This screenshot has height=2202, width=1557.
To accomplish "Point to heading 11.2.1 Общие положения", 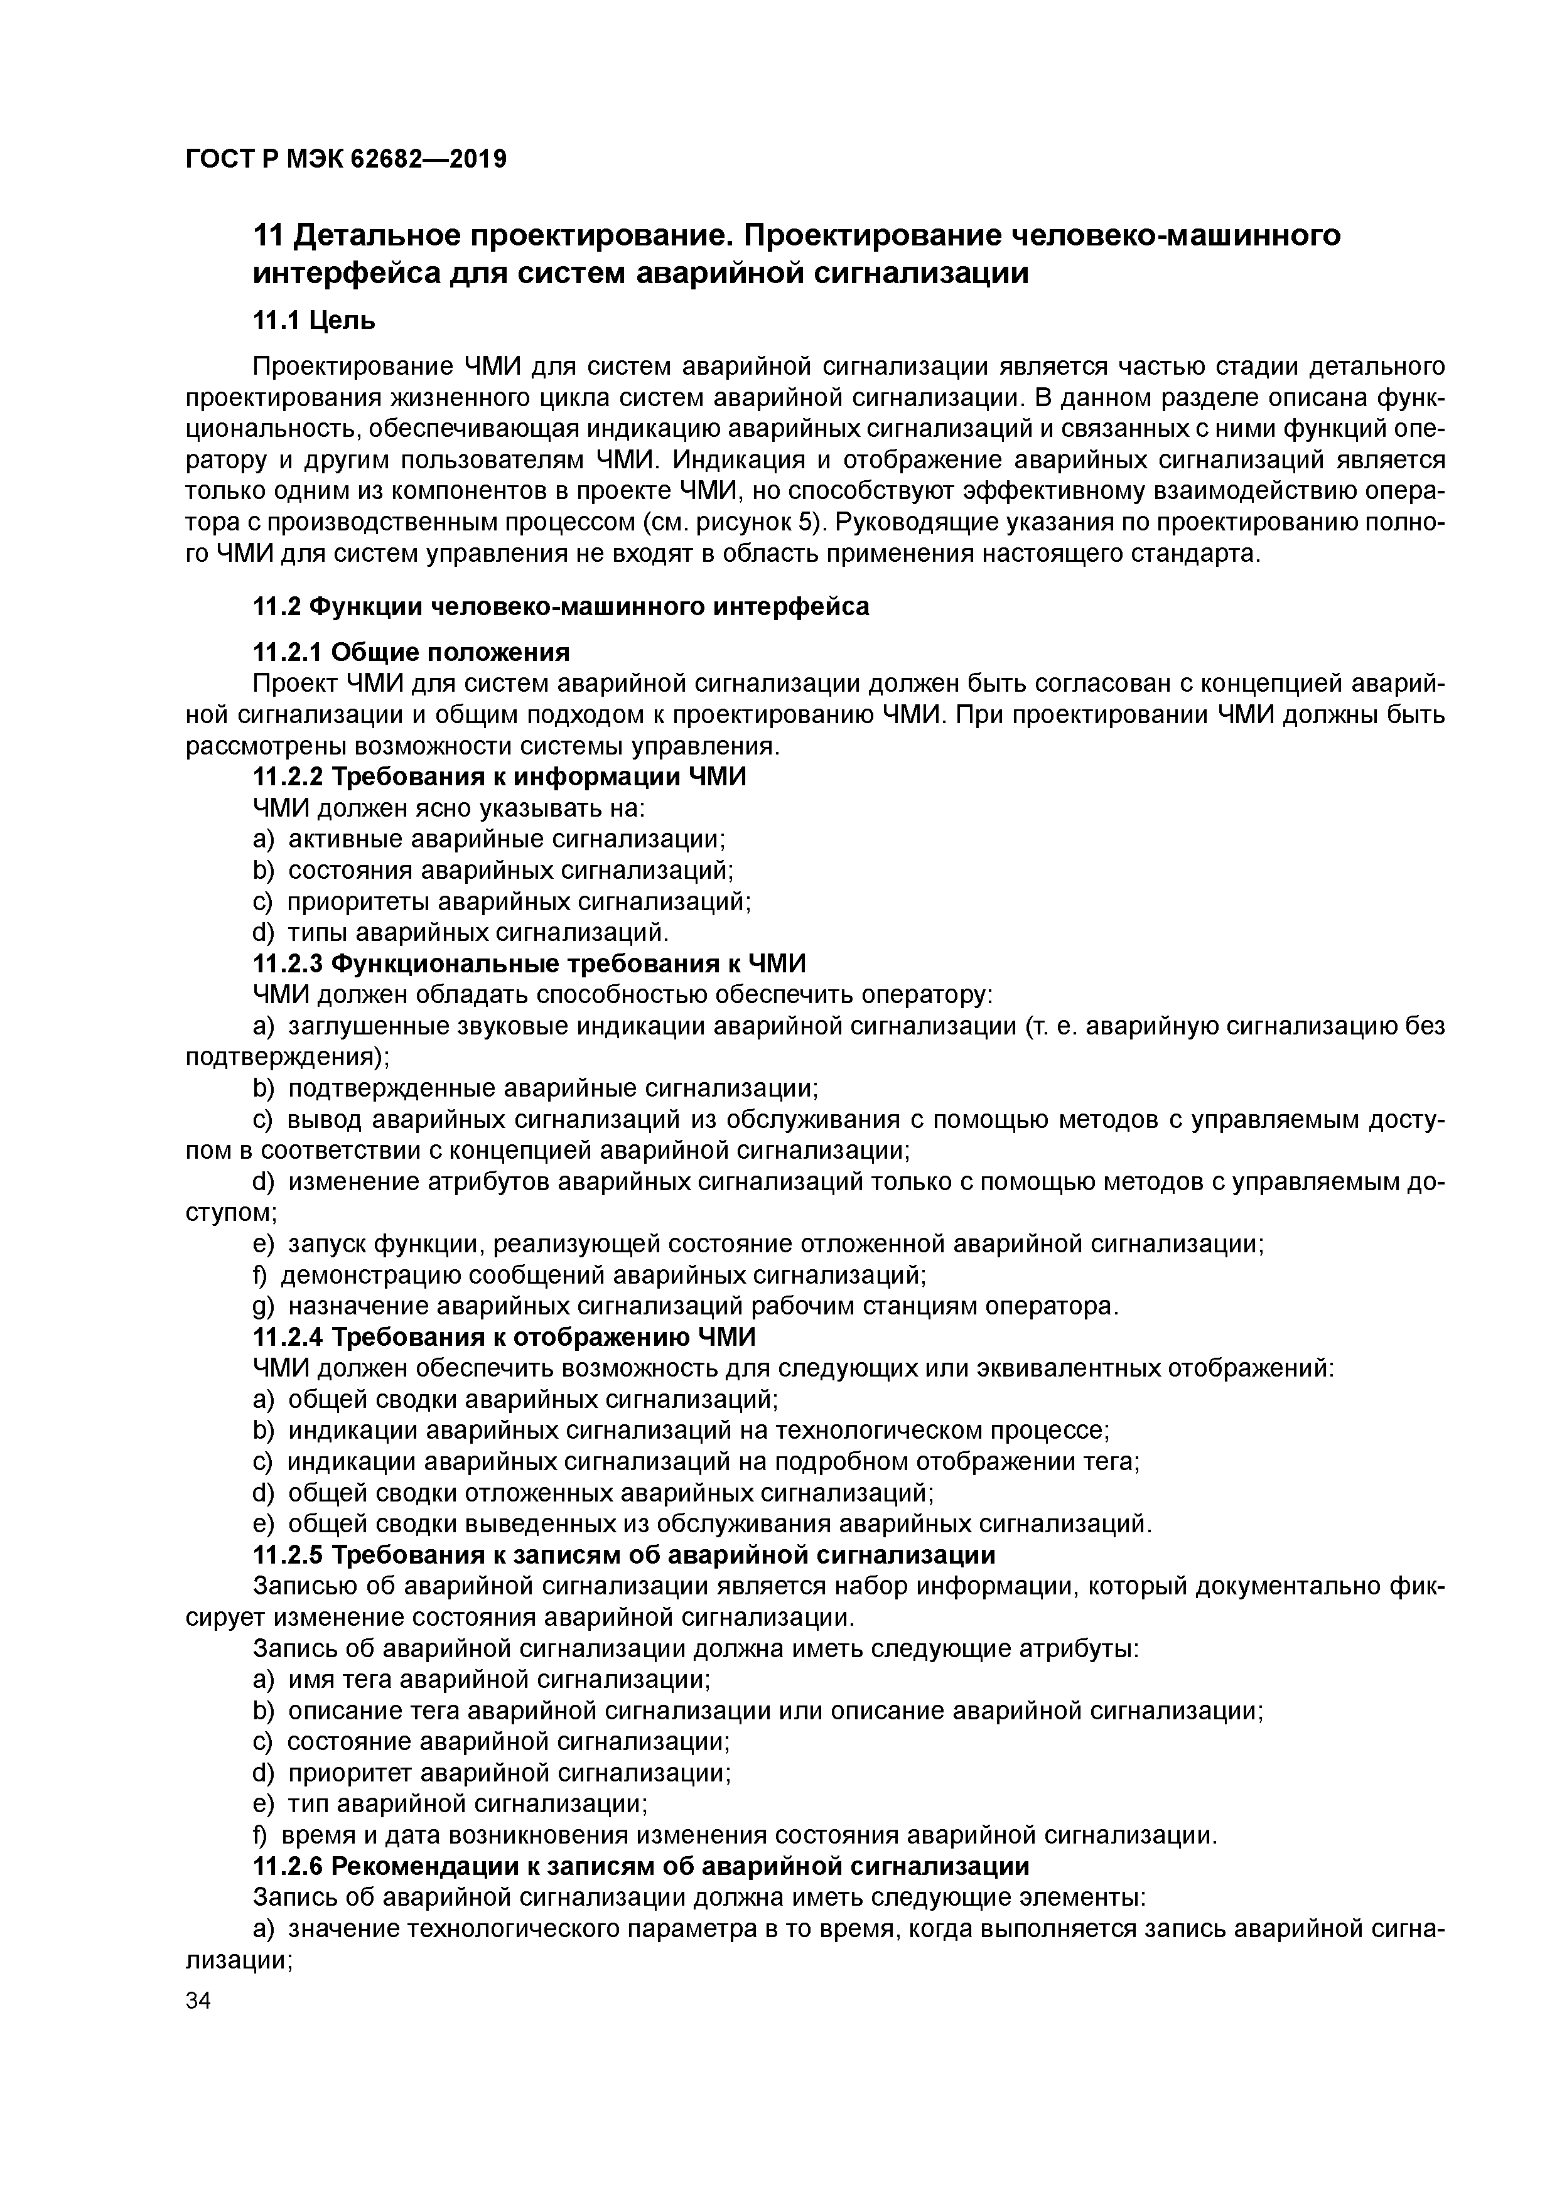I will (x=411, y=652).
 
